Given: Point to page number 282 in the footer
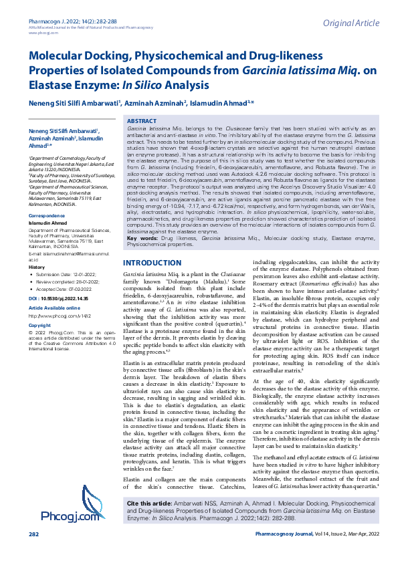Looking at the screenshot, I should (x=34, y=553).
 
